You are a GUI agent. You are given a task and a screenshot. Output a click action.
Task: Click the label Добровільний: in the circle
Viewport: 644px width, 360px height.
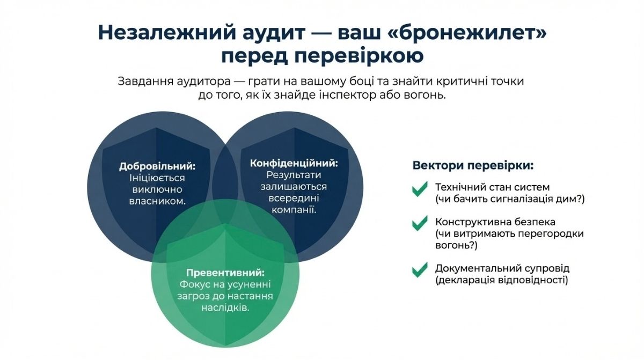point(157,166)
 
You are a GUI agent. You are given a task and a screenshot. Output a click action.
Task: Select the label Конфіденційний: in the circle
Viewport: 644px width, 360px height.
point(294,163)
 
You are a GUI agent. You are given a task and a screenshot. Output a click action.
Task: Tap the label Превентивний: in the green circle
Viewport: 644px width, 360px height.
point(225,273)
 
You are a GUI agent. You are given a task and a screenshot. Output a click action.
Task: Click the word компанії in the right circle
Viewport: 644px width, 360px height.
point(294,210)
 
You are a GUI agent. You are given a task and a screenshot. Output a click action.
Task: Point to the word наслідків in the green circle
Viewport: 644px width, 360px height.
point(225,309)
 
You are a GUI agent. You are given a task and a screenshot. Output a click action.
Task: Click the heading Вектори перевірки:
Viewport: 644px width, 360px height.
point(473,165)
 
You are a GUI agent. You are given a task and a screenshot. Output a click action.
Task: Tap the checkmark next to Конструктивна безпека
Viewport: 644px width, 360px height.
point(419,224)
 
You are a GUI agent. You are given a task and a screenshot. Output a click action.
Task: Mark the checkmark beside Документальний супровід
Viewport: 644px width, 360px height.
point(419,270)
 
